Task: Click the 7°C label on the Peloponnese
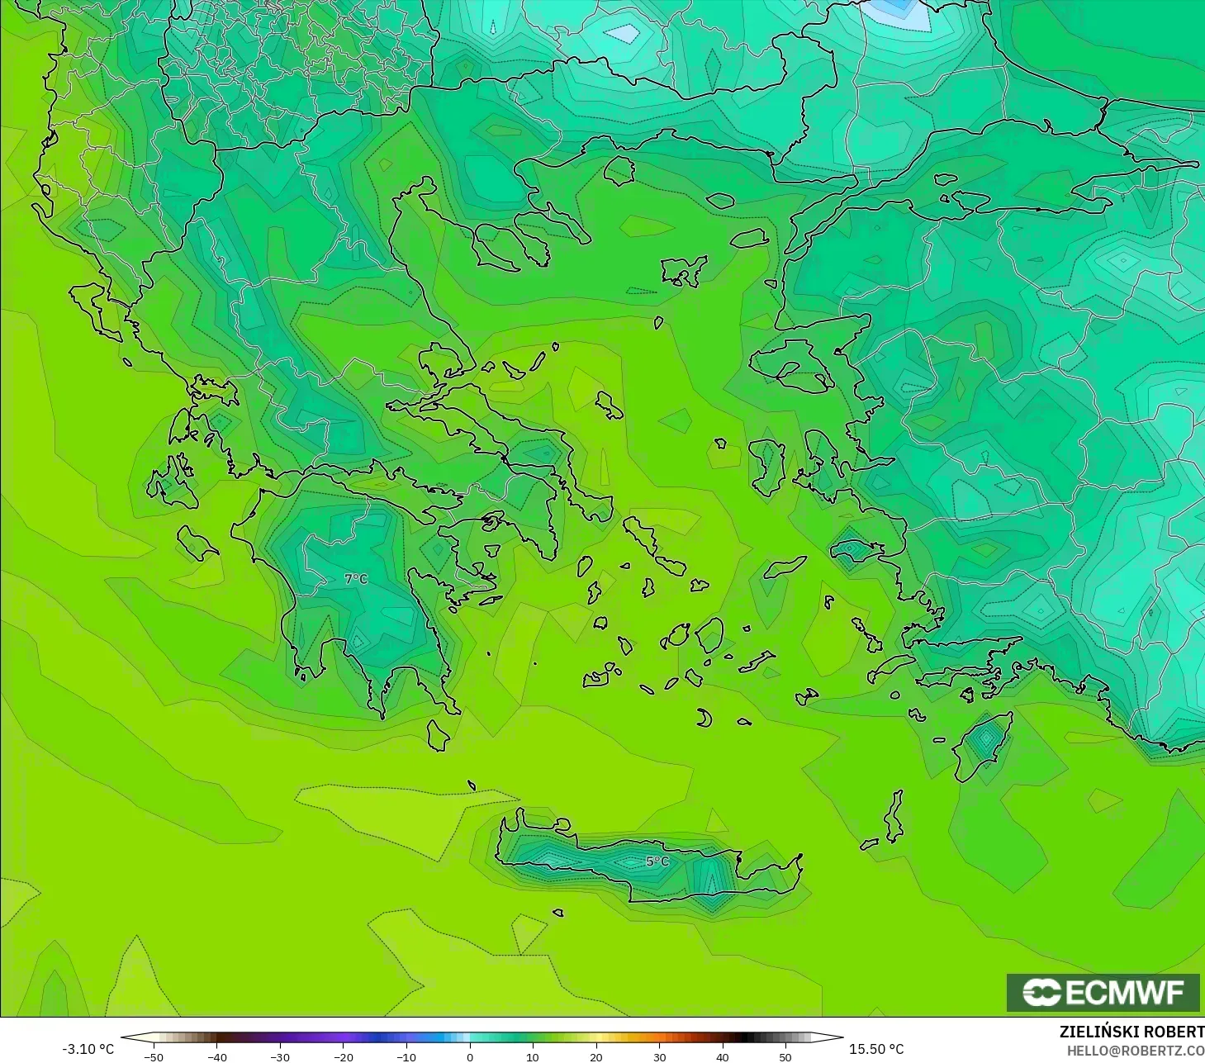pyautogui.click(x=356, y=579)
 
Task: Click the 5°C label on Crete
pyautogui.click(x=657, y=861)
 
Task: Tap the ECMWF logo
pyautogui.click(x=1103, y=992)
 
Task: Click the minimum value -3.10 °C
pyautogui.click(x=88, y=1049)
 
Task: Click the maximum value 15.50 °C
pyautogui.click(x=876, y=1049)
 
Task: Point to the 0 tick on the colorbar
pyautogui.click(x=470, y=1056)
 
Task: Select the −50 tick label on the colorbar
pyautogui.click(x=153, y=1056)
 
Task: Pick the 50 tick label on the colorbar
pyautogui.click(x=785, y=1056)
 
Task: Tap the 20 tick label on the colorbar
pyautogui.click(x=596, y=1056)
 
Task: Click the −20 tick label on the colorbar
pyautogui.click(x=343, y=1056)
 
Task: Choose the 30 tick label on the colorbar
pyautogui.click(x=659, y=1056)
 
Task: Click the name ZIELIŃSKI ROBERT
pyautogui.click(x=1131, y=1032)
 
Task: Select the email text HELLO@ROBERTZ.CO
pyautogui.click(x=1135, y=1051)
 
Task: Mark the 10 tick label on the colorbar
pyautogui.click(x=533, y=1056)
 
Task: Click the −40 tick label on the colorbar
pyautogui.click(x=216, y=1056)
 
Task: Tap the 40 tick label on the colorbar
pyautogui.click(x=723, y=1056)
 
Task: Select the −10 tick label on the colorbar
pyautogui.click(x=406, y=1056)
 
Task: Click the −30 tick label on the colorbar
pyautogui.click(x=279, y=1056)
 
